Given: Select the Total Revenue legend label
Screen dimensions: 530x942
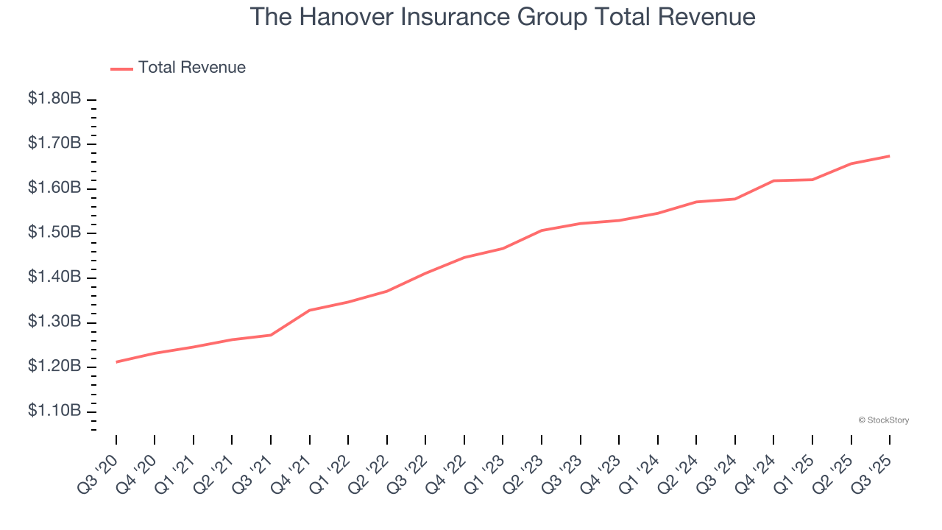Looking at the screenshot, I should [191, 68].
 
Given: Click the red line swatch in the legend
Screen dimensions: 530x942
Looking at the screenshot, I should [121, 68].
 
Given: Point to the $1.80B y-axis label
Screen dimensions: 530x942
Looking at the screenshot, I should [54, 99].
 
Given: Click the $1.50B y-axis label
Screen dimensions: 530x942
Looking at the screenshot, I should [54, 233].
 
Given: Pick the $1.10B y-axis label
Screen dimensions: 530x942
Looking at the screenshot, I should [54, 411].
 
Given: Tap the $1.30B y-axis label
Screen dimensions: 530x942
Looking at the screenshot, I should [54, 322].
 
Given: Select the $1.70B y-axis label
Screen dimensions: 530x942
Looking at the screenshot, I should [54, 143].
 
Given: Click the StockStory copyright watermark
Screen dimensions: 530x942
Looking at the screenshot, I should [883, 420].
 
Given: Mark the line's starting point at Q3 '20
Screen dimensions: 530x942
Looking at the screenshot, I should [116, 362].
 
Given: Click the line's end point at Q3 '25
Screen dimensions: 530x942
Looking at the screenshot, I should [890, 156].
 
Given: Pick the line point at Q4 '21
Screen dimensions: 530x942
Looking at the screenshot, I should [310, 310].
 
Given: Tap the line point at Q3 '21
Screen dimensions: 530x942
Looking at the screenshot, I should [271, 335].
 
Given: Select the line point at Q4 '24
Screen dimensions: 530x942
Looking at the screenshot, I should [773, 180].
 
